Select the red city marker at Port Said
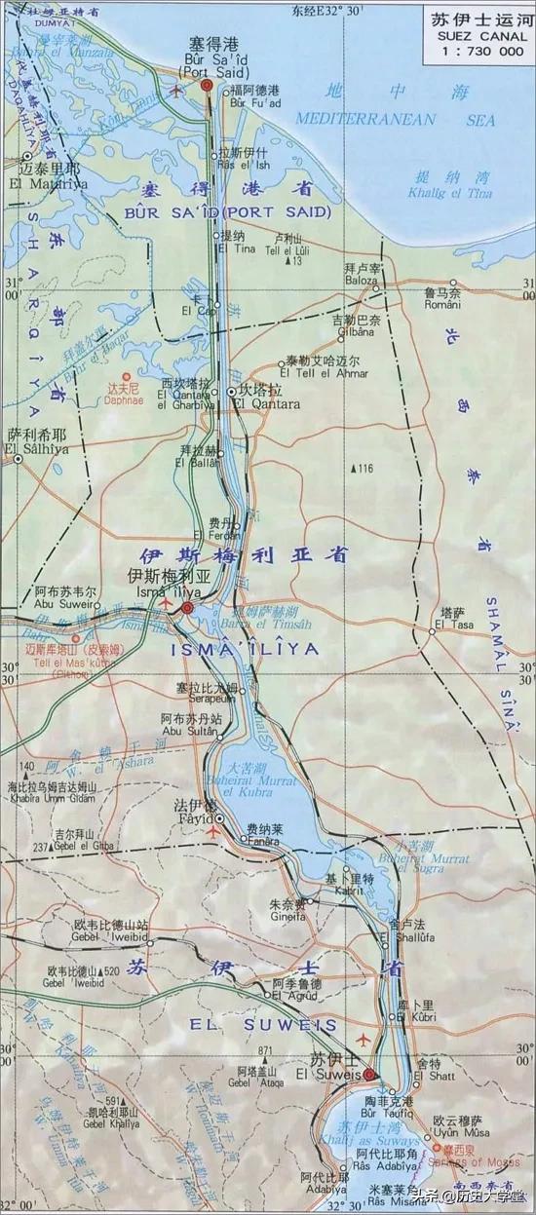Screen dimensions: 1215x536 (x=207, y=87)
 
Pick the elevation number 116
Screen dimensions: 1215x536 (x=364, y=470)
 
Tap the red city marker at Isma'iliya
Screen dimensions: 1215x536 (x=186, y=608)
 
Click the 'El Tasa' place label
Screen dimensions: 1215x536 (x=447, y=624)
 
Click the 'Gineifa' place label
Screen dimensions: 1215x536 (x=288, y=916)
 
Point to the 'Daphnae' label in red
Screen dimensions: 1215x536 (x=123, y=399)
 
